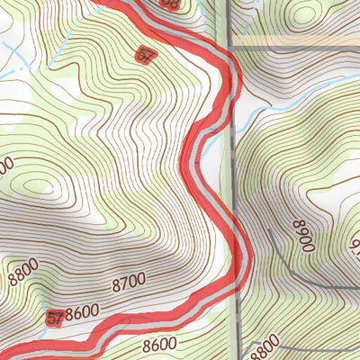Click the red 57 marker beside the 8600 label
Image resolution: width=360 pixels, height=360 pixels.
56,317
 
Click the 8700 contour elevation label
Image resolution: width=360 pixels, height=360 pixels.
129,284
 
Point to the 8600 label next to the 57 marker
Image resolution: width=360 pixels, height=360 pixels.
83,312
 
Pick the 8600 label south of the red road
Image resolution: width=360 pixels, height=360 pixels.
158,344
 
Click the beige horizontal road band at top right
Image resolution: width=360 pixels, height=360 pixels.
297,41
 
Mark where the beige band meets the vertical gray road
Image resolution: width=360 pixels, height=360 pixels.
231,41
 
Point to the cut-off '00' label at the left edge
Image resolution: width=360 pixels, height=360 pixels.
5,166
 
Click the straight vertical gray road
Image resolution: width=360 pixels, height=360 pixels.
233,180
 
